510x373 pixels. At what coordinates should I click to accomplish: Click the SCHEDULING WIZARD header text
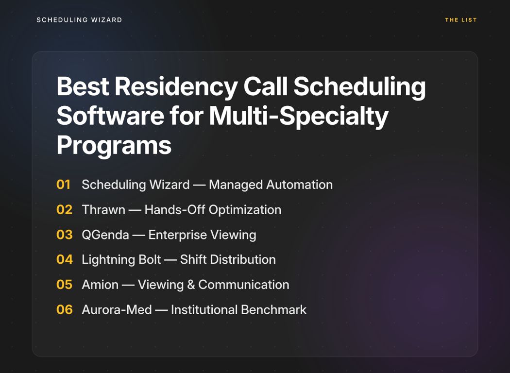(x=79, y=20)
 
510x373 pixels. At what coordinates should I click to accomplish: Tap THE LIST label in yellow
(x=461, y=20)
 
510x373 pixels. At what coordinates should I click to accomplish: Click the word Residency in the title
(x=176, y=87)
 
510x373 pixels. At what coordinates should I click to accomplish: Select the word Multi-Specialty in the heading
(x=299, y=117)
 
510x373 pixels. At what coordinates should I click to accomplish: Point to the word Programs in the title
(x=114, y=145)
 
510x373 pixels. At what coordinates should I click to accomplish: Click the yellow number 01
(x=64, y=185)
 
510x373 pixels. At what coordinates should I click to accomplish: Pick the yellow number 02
(x=65, y=210)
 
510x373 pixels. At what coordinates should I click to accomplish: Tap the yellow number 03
(x=65, y=235)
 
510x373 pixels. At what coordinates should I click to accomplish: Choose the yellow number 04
(x=65, y=259)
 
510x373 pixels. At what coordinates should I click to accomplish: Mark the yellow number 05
(x=65, y=285)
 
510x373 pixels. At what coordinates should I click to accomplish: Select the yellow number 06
(x=65, y=309)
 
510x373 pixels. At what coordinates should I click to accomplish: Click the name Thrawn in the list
(x=103, y=210)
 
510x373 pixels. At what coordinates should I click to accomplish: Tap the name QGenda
(x=105, y=235)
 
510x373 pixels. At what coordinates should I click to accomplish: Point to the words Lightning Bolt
(x=121, y=260)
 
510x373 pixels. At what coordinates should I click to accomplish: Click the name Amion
(x=100, y=285)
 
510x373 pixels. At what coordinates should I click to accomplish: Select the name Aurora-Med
(x=117, y=310)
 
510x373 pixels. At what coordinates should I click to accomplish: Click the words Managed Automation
(x=271, y=185)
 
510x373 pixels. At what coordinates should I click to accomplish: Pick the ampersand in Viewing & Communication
(x=191, y=285)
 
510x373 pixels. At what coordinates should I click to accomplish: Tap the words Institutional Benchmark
(x=239, y=310)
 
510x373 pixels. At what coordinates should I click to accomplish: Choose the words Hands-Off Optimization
(x=213, y=210)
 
